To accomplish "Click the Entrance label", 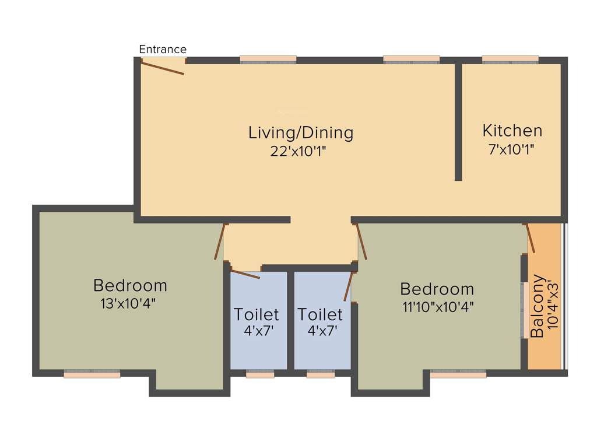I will pos(163,50).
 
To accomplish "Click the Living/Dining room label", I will pos(301,132).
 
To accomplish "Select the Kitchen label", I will pos(512,130).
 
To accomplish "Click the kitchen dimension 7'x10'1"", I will pos(511,149).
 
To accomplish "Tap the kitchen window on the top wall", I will pos(510,59).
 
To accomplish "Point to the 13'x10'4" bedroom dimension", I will pos(129,303).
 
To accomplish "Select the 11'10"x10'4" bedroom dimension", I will pos(438,307).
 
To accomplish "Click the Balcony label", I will pos(538,306).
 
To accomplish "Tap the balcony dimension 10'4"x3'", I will pos(553,306).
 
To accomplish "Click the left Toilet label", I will pos(257,314).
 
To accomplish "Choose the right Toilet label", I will pos(320,314).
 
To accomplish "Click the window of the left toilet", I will pos(260,374).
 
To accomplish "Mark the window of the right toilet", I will pos(321,374).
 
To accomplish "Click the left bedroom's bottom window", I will pos(92,374).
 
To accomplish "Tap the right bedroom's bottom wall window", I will pos(458,374).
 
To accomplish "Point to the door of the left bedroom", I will pos(219,242).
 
